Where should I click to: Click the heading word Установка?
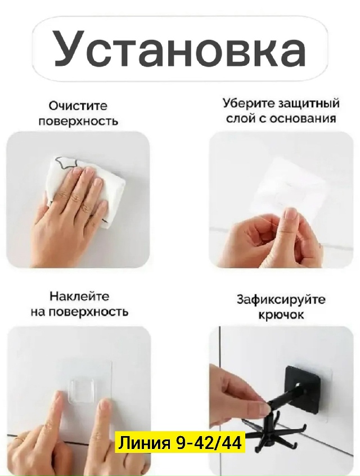179,48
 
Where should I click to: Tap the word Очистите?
78,106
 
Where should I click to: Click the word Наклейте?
79,296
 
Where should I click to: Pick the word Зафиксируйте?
281,300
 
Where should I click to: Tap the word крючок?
281,315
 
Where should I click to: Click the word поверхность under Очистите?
78,122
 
